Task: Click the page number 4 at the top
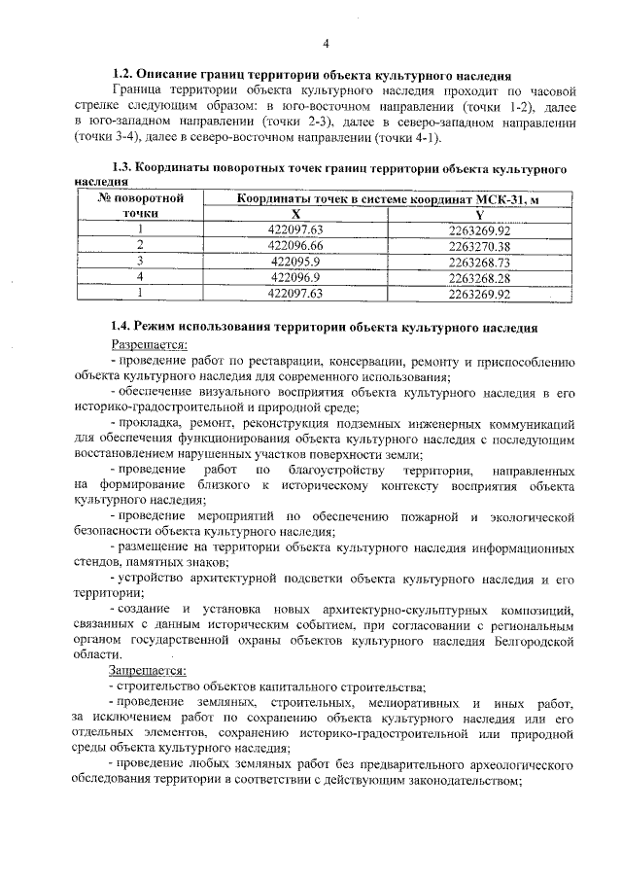coord(326,44)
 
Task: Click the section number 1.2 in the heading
coord(122,74)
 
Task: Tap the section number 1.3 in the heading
coord(122,169)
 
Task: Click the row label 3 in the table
coord(140,262)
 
